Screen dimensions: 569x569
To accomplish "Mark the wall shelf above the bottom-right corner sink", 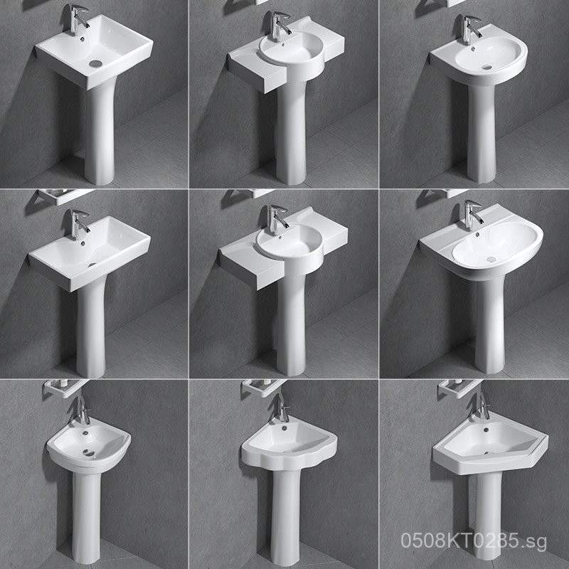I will pyautogui.click(x=455, y=388).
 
